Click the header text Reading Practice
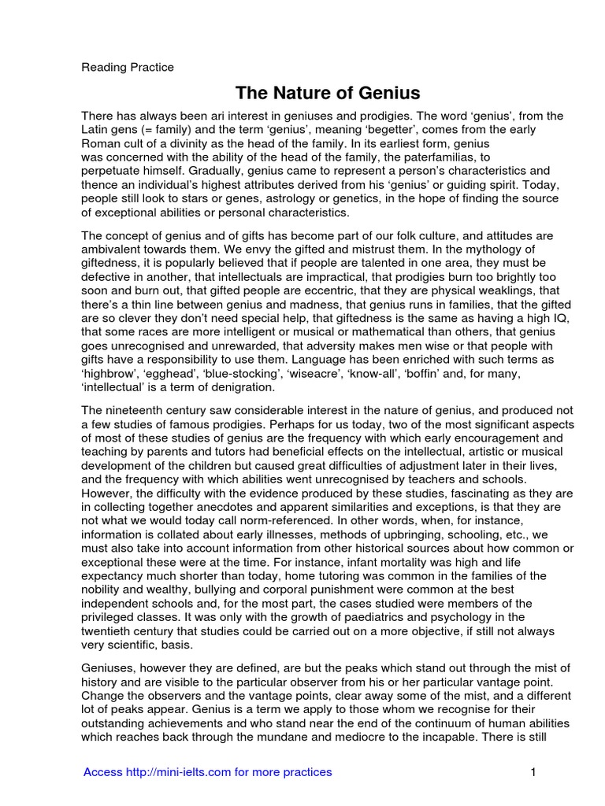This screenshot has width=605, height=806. pyautogui.click(x=128, y=68)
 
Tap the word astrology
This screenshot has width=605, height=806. pyautogui.click(x=306, y=198)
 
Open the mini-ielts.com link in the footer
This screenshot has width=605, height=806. pyautogui.click(x=207, y=772)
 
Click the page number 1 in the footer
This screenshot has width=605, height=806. pyautogui.click(x=533, y=772)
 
